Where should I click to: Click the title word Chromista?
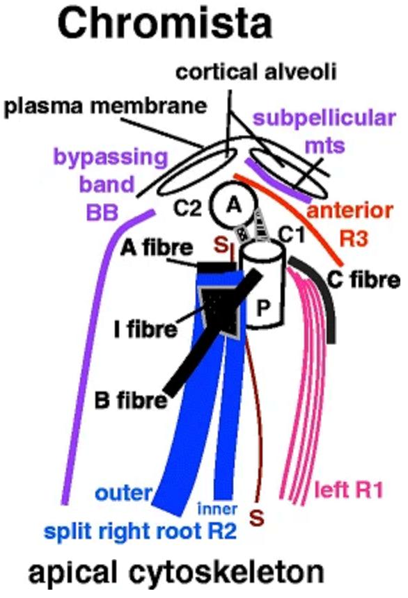[x=165, y=23]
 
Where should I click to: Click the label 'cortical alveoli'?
[x=256, y=72]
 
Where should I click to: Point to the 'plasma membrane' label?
[x=105, y=106]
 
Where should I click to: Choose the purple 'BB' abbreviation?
[x=102, y=212]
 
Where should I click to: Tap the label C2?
[x=187, y=208]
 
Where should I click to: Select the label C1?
[x=292, y=235]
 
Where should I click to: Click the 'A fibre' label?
[x=157, y=248]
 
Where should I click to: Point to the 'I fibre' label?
[x=146, y=329]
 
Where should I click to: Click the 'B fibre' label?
[x=131, y=401]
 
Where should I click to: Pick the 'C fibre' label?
[x=363, y=280]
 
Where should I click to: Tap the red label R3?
[x=354, y=239]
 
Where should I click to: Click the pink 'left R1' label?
[x=348, y=490]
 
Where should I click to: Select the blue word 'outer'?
[x=123, y=493]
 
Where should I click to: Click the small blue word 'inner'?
[x=217, y=509]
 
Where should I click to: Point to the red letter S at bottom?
[x=257, y=518]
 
